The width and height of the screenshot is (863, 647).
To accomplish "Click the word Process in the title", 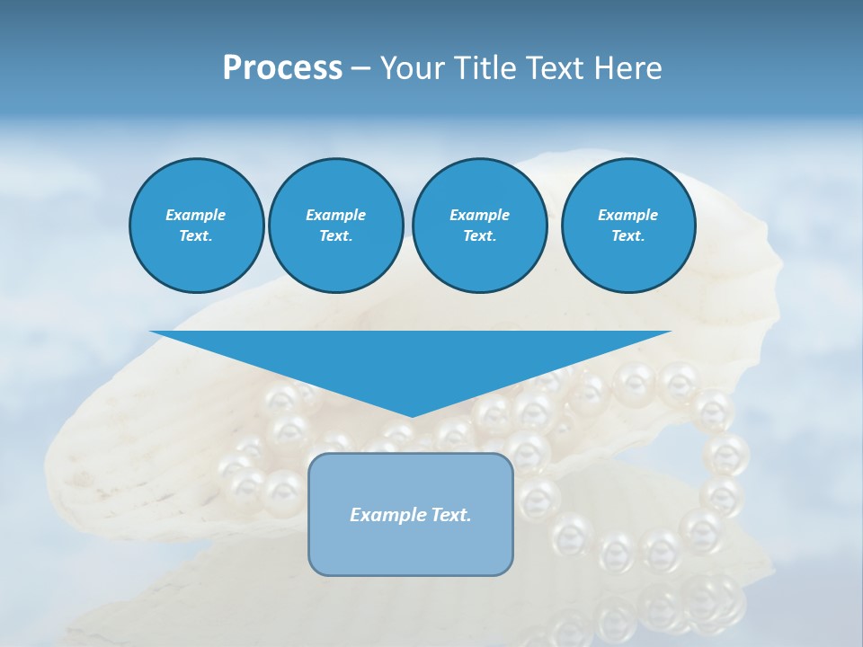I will click(x=282, y=68).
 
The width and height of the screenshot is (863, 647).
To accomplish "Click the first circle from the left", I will click(x=196, y=226).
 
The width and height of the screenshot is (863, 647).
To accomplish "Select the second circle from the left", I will click(x=335, y=226).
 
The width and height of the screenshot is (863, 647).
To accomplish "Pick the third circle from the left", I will click(x=479, y=226).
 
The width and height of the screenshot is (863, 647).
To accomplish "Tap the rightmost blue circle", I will click(x=627, y=226).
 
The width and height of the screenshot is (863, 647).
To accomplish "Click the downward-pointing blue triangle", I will click(x=411, y=359).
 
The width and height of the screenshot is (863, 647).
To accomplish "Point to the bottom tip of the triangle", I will click(x=411, y=415).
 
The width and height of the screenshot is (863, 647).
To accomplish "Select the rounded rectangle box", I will click(x=411, y=514).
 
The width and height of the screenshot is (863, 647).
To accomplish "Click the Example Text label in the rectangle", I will click(x=411, y=515).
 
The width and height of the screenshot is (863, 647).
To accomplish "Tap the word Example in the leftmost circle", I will click(x=196, y=215).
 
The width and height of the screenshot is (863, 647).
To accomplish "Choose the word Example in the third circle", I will click(x=479, y=215).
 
